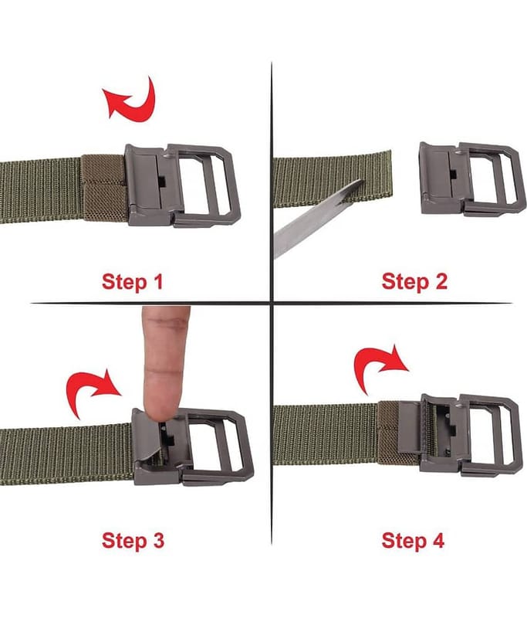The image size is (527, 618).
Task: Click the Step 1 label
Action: pyautogui.click(x=132, y=282)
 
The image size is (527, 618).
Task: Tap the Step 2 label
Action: pyautogui.click(x=414, y=282)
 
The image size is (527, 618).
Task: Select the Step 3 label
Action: pyautogui.click(x=133, y=540)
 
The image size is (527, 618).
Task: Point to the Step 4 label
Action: pyautogui.click(x=413, y=540)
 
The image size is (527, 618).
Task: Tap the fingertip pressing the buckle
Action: pyautogui.click(x=162, y=406)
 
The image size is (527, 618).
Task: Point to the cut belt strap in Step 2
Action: pyautogui.click(x=333, y=179)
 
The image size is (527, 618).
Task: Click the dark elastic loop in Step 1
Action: pyautogui.click(x=105, y=188)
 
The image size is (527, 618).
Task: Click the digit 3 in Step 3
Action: pyautogui.click(x=158, y=540)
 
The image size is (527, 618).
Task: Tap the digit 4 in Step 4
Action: pyautogui.click(x=438, y=540)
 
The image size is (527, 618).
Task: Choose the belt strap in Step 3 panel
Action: pyautogui.click(x=67, y=454)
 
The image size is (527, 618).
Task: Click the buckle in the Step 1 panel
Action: pyautogui.click(x=182, y=185)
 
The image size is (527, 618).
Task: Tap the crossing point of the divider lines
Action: pyautogui.click(x=272, y=303)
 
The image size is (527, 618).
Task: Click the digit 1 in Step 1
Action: pyautogui.click(x=158, y=282)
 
